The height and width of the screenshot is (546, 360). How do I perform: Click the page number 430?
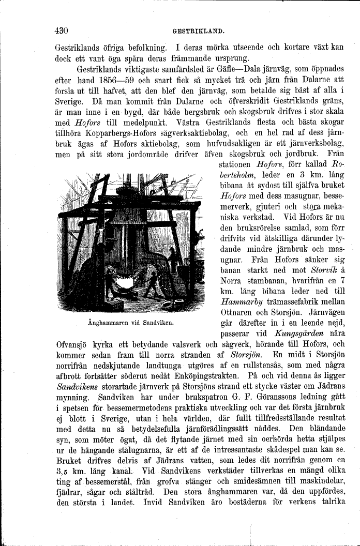62,29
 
